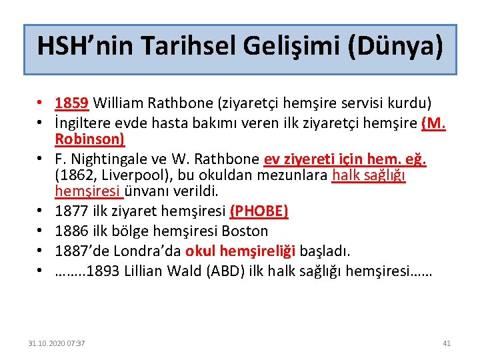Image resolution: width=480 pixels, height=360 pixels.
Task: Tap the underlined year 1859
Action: click(73, 103)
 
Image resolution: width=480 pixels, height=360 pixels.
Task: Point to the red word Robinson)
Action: click(89, 139)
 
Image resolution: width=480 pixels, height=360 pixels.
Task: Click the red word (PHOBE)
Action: click(259, 212)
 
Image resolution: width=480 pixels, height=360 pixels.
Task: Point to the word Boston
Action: click(245, 231)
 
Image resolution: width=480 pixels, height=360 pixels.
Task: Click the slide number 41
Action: click(447, 343)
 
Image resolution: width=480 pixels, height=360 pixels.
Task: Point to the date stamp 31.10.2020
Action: click(47, 343)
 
